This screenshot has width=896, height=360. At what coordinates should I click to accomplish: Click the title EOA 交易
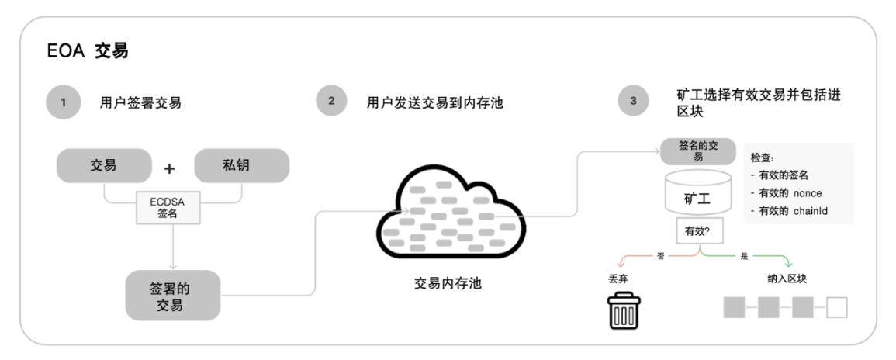tap(88, 51)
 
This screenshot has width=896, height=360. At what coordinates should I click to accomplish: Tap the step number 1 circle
tap(64, 102)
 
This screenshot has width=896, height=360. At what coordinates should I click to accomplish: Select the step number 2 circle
tap(331, 101)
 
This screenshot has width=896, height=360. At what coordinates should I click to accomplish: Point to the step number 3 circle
tap(634, 101)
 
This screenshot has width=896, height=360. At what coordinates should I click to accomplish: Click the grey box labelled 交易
tap(104, 166)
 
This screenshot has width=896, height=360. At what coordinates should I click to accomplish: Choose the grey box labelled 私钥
tap(242, 166)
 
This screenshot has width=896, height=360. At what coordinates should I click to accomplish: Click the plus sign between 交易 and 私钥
tap(169, 168)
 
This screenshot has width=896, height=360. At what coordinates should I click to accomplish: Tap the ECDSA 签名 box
tap(168, 207)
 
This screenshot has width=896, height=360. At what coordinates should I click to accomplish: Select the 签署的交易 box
tap(172, 296)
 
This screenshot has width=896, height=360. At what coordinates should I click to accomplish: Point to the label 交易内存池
tap(448, 283)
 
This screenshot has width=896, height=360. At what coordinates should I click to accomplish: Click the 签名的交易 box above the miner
tap(697, 151)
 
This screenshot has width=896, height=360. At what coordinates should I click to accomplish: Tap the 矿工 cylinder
tap(697, 192)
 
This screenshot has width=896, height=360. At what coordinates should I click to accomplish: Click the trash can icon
tap(624, 310)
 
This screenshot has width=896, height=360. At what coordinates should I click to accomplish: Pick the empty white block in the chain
tap(836, 307)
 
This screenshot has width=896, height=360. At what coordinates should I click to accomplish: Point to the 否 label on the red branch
tap(661, 257)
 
